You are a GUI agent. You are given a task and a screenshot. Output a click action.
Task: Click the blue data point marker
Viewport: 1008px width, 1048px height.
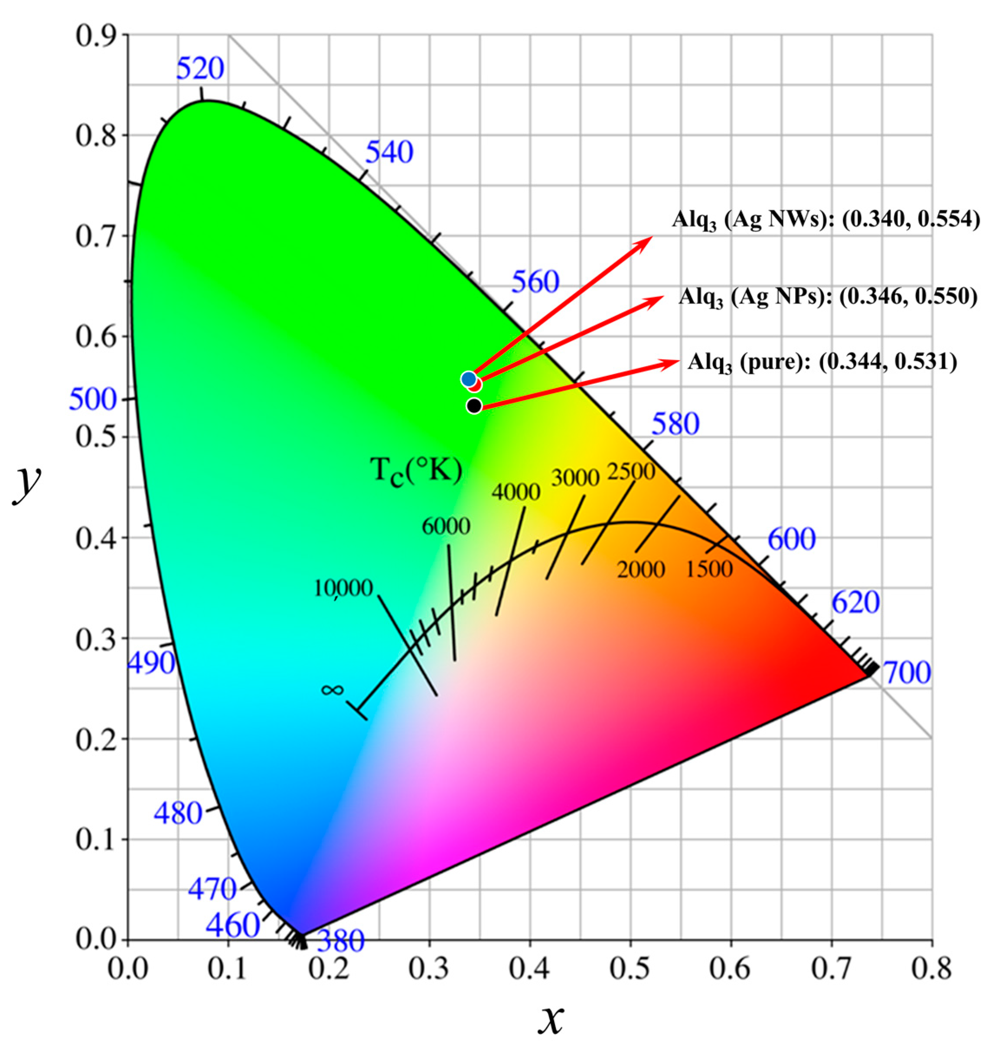coord(468,379)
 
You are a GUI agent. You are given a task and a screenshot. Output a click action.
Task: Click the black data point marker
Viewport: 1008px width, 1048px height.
coord(474,406)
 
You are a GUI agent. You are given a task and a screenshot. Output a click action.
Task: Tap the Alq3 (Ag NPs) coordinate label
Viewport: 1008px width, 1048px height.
coord(828,297)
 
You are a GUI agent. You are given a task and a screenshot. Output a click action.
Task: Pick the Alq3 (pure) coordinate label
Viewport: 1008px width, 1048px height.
coord(822,362)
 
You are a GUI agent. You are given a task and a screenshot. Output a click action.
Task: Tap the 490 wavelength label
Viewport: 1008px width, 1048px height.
coord(151,663)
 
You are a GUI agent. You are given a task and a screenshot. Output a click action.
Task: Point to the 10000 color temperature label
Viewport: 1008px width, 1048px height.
coord(343,588)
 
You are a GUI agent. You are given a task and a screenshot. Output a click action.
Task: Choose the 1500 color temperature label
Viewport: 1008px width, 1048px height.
coord(709,569)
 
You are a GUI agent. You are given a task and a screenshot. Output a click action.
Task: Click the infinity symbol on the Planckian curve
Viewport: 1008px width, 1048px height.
coord(332,690)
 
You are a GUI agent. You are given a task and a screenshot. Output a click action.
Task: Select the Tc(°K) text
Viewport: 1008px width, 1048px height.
coord(416,471)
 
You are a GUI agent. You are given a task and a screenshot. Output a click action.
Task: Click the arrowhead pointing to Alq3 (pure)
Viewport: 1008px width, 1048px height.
coord(672,363)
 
